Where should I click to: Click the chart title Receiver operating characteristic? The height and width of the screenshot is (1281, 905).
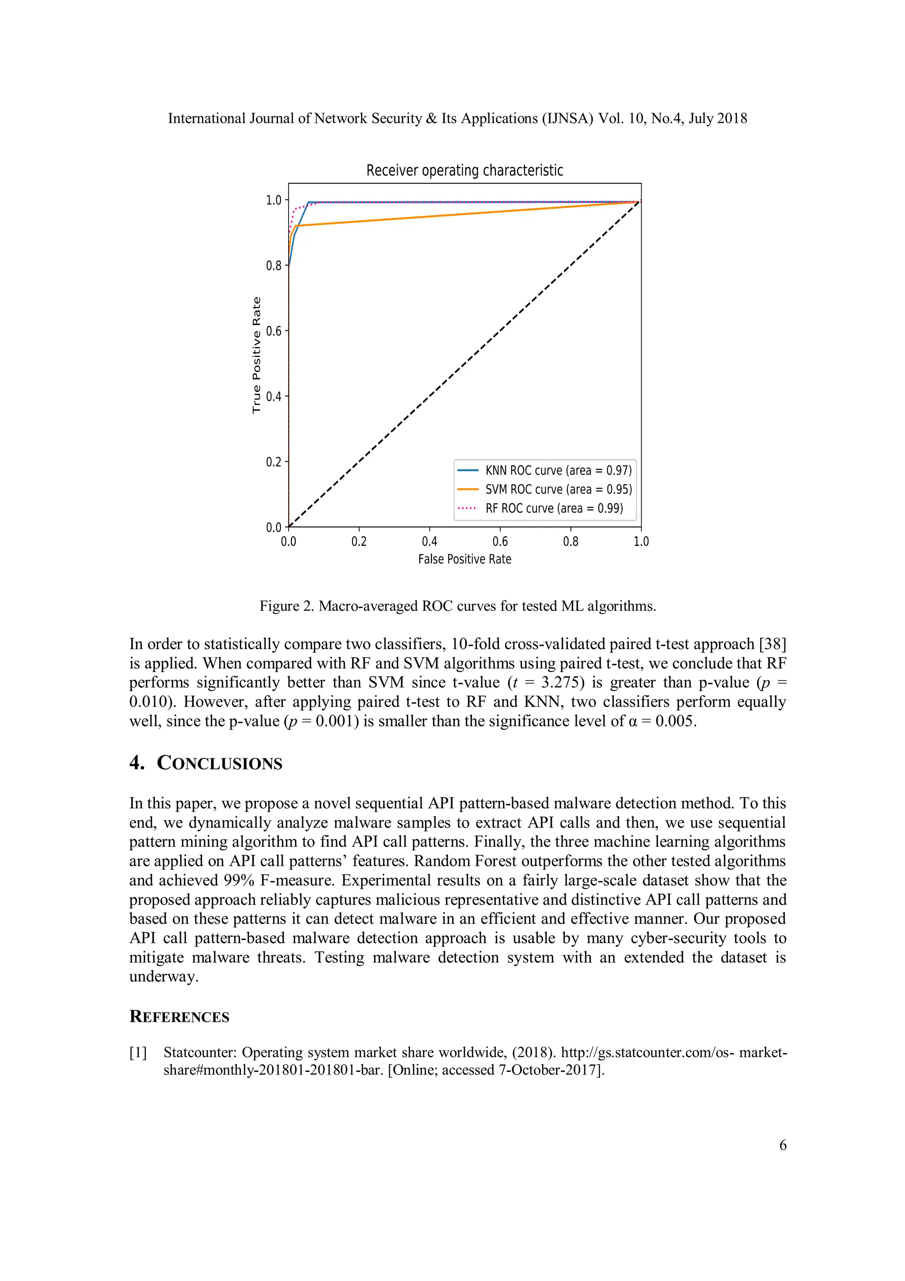click(x=464, y=170)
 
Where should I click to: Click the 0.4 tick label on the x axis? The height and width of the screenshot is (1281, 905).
click(x=430, y=541)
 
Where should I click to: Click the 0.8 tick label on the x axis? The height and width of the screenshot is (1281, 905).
click(x=570, y=541)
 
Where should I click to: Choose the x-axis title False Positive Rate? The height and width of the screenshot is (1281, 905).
click(x=464, y=559)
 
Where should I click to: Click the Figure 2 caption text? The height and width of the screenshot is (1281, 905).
click(x=457, y=606)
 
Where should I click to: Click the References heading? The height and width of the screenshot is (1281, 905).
click(x=179, y=1017)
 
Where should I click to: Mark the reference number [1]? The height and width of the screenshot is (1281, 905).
click(x=138, y=1052)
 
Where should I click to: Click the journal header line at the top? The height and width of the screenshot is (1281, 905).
click(x=457, y=118)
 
